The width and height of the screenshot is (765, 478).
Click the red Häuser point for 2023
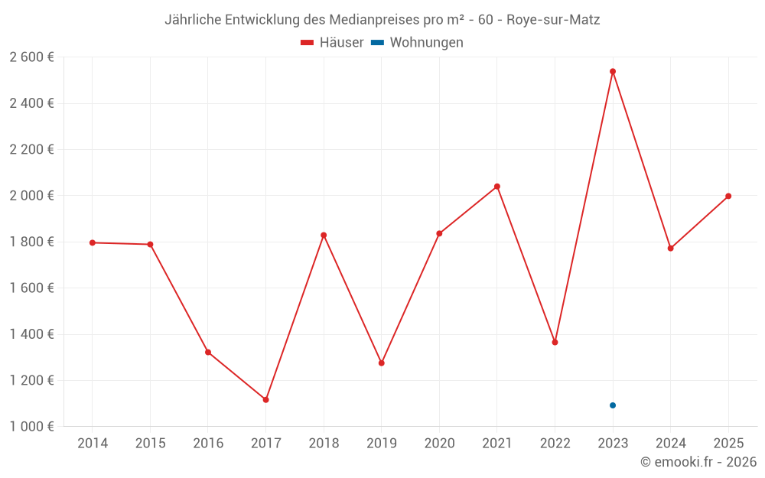coord(613,71)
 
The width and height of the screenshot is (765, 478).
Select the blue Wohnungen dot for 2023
coord(613,405)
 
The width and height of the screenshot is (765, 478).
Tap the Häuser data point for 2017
coord(265,400)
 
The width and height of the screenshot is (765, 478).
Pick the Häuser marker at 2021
coord(497,187)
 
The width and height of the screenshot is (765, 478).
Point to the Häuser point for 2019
coord(381,363)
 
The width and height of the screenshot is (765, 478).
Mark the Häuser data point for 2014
coord(93,242)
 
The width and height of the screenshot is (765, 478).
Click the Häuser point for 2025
coord(728,196)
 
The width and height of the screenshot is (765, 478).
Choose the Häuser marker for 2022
coord(555,342)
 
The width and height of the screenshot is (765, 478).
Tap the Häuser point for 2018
coord(324,235)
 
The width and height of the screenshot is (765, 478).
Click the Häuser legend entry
coord(332,43)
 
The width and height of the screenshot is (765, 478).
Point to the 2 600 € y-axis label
coord(31,57)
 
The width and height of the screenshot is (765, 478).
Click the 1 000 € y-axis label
coord(31,427)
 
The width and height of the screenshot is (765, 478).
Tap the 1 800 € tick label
coord(31,242)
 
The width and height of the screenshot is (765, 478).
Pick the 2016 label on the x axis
coord(208,444)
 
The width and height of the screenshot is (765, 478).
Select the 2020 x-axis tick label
coord(439,444)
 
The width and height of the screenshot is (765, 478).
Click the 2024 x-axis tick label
coord(670,444)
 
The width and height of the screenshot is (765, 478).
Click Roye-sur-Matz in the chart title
coord(553,20)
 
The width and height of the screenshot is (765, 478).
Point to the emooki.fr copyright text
coord(698,462)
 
